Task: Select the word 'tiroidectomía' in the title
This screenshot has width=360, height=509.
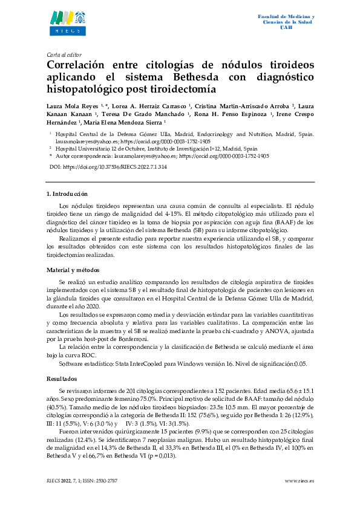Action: click(x=180, y=90)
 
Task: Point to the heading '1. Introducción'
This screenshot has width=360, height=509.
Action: click(x=67, y=194)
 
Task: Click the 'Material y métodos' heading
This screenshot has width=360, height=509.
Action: click(x=73, y=270)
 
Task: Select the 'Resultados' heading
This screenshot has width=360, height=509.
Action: click(x=62, y=378)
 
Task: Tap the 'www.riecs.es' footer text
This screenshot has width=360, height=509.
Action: click(x=299, y=481)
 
